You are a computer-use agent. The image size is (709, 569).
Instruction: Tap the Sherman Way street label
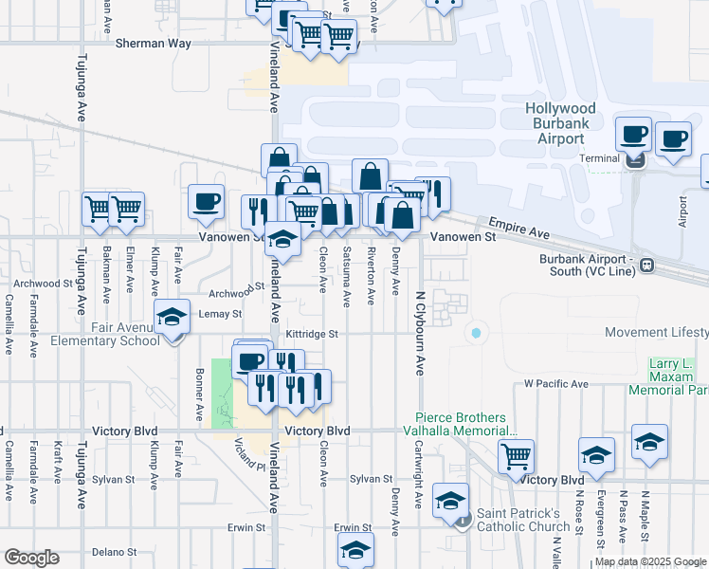point(154,44)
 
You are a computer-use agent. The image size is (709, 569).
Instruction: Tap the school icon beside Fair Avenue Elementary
point(172,317)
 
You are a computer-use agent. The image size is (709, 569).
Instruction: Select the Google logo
point(31,558)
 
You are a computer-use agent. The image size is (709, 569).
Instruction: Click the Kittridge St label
point(313,334)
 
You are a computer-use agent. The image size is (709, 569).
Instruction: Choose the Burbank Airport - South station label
point(588,265)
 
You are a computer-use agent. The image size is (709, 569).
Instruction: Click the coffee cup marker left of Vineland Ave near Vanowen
point(206,201)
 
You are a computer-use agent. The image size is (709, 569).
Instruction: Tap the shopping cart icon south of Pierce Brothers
point(515,456)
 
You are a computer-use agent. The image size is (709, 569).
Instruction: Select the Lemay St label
point(221,314)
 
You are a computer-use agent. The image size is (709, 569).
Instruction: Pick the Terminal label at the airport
point(598,158)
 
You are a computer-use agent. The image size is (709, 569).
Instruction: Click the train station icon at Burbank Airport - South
point(646,265)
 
